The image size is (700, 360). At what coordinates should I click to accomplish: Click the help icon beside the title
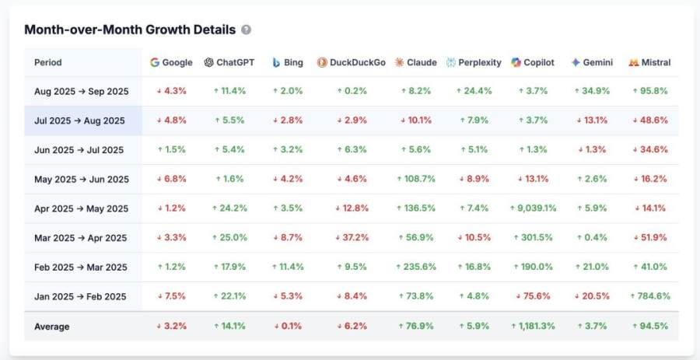point(246,30)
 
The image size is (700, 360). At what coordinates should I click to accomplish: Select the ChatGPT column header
point(229,62)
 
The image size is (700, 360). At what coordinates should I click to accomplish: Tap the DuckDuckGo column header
point(352,62)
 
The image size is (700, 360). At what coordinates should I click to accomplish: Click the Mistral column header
point(649,62)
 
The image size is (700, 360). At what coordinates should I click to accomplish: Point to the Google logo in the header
point(155,62)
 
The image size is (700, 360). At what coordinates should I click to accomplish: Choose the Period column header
point(48,62)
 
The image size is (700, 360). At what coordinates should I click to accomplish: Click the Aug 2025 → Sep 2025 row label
point(82,91)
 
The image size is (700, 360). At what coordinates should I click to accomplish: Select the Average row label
point(52,327)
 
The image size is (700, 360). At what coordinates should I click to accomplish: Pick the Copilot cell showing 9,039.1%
point(533,208)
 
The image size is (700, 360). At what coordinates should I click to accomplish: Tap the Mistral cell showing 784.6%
point(649,296)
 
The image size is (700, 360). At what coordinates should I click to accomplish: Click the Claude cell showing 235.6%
point(416,267)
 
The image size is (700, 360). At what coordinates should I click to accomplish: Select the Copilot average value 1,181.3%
point(533,327)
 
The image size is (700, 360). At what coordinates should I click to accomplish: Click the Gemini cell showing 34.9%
point(592,91)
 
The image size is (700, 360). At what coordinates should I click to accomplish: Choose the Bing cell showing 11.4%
point(288,267)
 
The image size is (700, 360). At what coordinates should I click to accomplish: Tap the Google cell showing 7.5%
point(172,296)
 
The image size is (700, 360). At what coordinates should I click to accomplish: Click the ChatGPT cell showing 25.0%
point(229,238)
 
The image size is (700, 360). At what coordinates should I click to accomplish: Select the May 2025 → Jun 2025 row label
point(82,180)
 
